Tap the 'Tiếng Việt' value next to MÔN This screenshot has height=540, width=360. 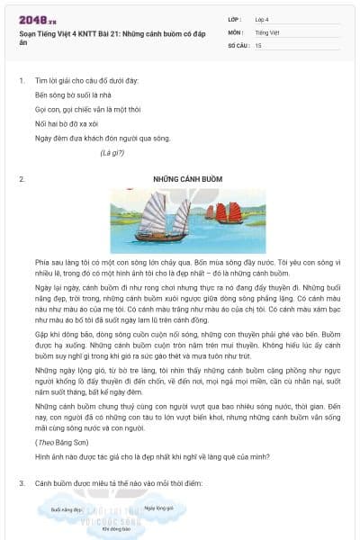pos(267,31)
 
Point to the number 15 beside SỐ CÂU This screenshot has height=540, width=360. pos(259,44)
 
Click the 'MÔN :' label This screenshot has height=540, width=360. pos(237,31)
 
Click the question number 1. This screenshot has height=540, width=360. pos(21,81)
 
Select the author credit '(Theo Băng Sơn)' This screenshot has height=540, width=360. pos(60,443)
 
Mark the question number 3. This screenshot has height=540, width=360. pos(21,484)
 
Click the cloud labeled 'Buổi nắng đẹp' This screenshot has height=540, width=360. pos(67,509)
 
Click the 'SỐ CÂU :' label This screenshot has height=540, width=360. pos(239,44)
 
